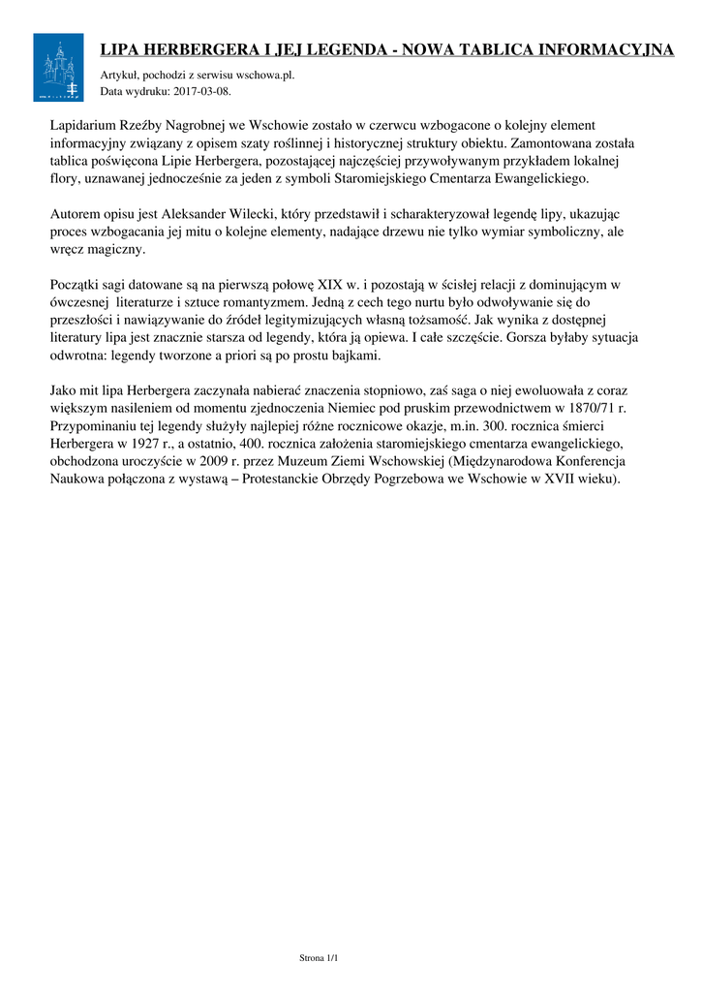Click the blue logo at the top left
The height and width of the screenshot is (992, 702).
58,67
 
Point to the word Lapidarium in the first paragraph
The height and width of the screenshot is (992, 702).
82,126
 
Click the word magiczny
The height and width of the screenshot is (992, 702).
115,249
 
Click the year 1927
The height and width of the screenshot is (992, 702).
152,444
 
